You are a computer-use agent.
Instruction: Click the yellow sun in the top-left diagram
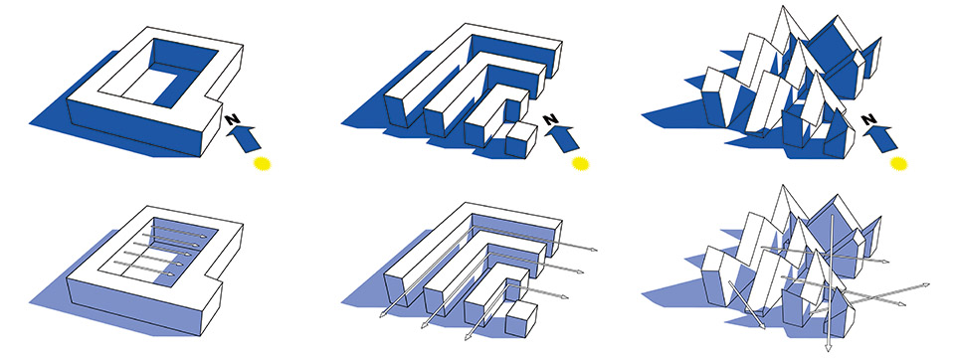[262, 163]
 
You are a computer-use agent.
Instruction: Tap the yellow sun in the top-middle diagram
[580, 163]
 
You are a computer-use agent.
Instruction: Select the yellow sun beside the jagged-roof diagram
[898, 163]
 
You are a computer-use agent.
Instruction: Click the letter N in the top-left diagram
[232, 118]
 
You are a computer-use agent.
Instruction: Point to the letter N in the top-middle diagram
[550, 118]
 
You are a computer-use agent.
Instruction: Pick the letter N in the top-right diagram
[869, 118]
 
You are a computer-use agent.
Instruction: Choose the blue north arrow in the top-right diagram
[881, 137]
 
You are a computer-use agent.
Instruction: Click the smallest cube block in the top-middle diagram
[521, 140]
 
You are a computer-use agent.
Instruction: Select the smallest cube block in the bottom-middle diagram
[521, 318]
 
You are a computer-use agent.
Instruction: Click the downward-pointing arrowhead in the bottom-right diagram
[829, 347]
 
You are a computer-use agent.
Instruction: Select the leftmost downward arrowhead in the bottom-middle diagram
[382, 313]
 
